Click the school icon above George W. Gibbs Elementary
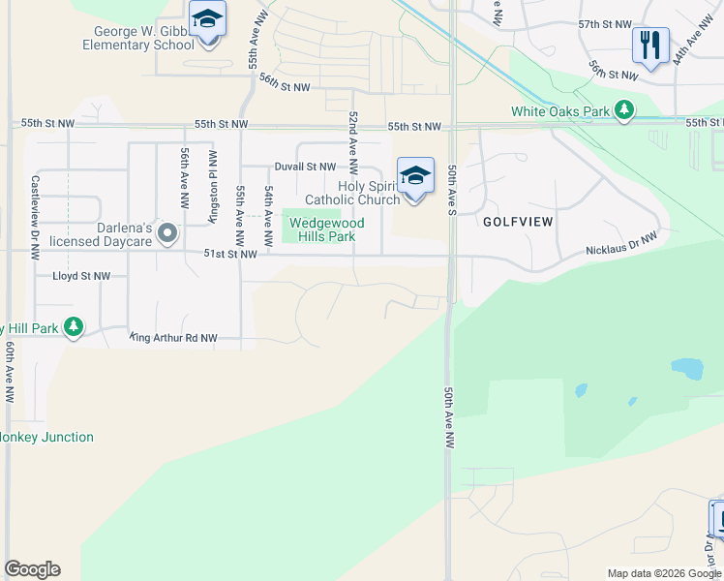click(x=207, y=20)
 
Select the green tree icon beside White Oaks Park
click(x=625, y=110)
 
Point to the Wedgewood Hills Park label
click(x=326, y=229)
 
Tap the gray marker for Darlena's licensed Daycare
click(x=168, y=232)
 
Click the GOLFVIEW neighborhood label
click(x=518, y=222)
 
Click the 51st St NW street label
click(x=230, y=254)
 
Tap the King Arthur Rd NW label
click(x=173, y=338)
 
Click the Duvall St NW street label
click(x=304, y=168)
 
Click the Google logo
click(x=32, y=569)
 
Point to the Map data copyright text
click(x=663, y=573)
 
